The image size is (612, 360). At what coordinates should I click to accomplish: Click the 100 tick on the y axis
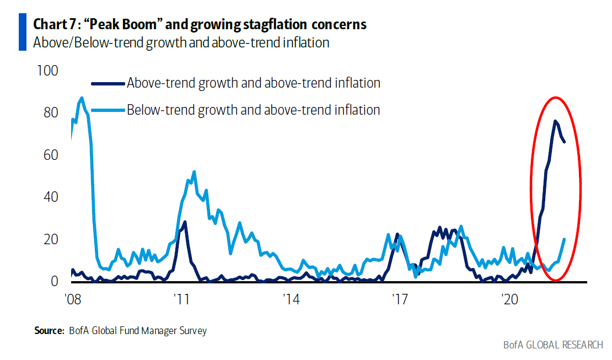(x=46, y=71)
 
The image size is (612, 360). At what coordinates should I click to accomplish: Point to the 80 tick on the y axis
(x=49, y=113)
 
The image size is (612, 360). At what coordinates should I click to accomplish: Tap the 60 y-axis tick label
(x=49, y=155)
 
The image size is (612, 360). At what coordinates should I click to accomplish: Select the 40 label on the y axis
(x=49, y=197)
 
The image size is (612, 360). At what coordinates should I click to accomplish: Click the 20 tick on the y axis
(x=49, y=239)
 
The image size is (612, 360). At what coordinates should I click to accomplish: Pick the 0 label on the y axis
(x=54, y=282)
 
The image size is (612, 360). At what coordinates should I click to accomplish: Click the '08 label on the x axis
(x=73, y=300)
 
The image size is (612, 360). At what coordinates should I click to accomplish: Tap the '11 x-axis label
(x=181, y=300)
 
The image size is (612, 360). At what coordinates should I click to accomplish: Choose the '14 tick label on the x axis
(x=291, y=300)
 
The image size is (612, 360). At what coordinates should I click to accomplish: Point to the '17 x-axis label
(x=399, y=300)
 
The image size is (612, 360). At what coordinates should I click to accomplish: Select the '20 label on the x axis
(x=508, y=300)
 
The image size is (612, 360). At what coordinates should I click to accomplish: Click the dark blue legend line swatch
(x=108, y=83)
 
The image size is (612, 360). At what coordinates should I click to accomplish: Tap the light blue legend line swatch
(x=108, y=110)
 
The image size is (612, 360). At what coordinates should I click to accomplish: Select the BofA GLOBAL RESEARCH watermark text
(x=553, y=345)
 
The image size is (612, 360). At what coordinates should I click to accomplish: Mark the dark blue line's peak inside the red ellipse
(x=555, y=121)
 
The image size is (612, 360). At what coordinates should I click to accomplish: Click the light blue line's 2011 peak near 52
(x=194, y=171)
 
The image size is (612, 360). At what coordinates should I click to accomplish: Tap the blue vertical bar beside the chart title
(x=23, y=32)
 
